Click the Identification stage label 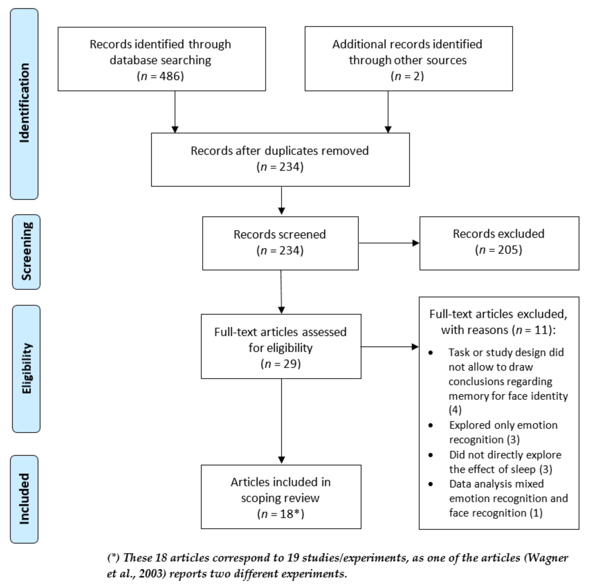pos(24,104)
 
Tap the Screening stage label pos(26,252)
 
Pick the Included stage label pos(24,499)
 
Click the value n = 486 pos(160,76)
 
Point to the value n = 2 pos(407,76)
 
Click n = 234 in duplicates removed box pos(280,167)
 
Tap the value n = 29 pos(280,364)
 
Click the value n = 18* pos(280,514)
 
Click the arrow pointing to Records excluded pos(389,243)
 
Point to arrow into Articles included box pos(281,421)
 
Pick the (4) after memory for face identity pos(455,410)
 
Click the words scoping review pos(280,498)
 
